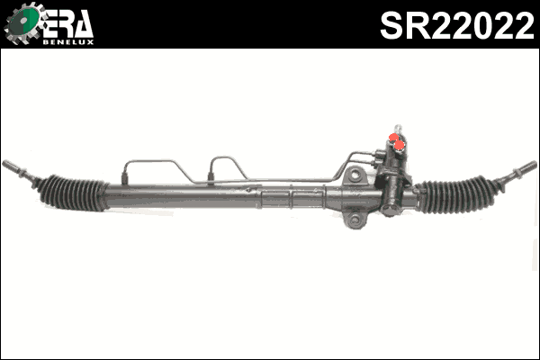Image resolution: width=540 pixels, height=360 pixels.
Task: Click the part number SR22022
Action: (x=456, y=25)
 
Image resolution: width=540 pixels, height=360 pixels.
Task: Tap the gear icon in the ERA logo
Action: (x=22, y=24)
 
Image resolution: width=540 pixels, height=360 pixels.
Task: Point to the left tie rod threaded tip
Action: (x=12, y=167)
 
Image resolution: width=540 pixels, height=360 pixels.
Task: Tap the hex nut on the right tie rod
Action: (x=505, y=178)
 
